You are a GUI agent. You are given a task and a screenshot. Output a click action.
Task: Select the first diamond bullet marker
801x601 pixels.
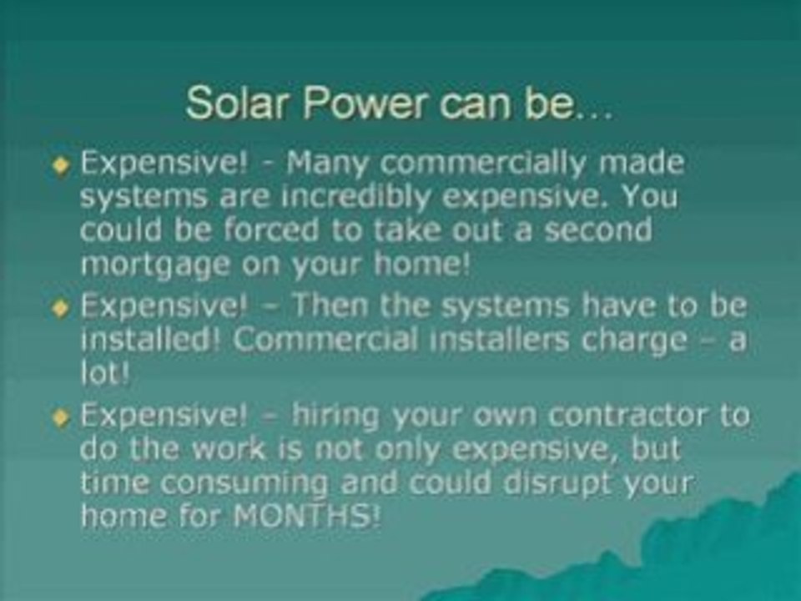coord(59,165)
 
